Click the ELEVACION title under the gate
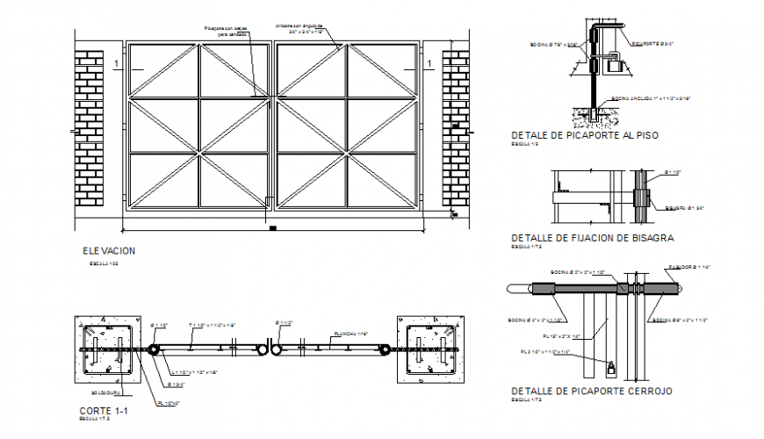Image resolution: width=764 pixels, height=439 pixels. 109,251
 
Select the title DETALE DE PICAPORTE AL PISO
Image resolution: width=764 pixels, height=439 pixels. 584,136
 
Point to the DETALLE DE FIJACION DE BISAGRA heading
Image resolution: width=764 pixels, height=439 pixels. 593,238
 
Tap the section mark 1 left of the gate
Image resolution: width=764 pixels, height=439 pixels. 115,63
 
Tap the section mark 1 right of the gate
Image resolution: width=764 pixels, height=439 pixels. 429,63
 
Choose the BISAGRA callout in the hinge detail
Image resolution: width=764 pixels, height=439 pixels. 673,208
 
